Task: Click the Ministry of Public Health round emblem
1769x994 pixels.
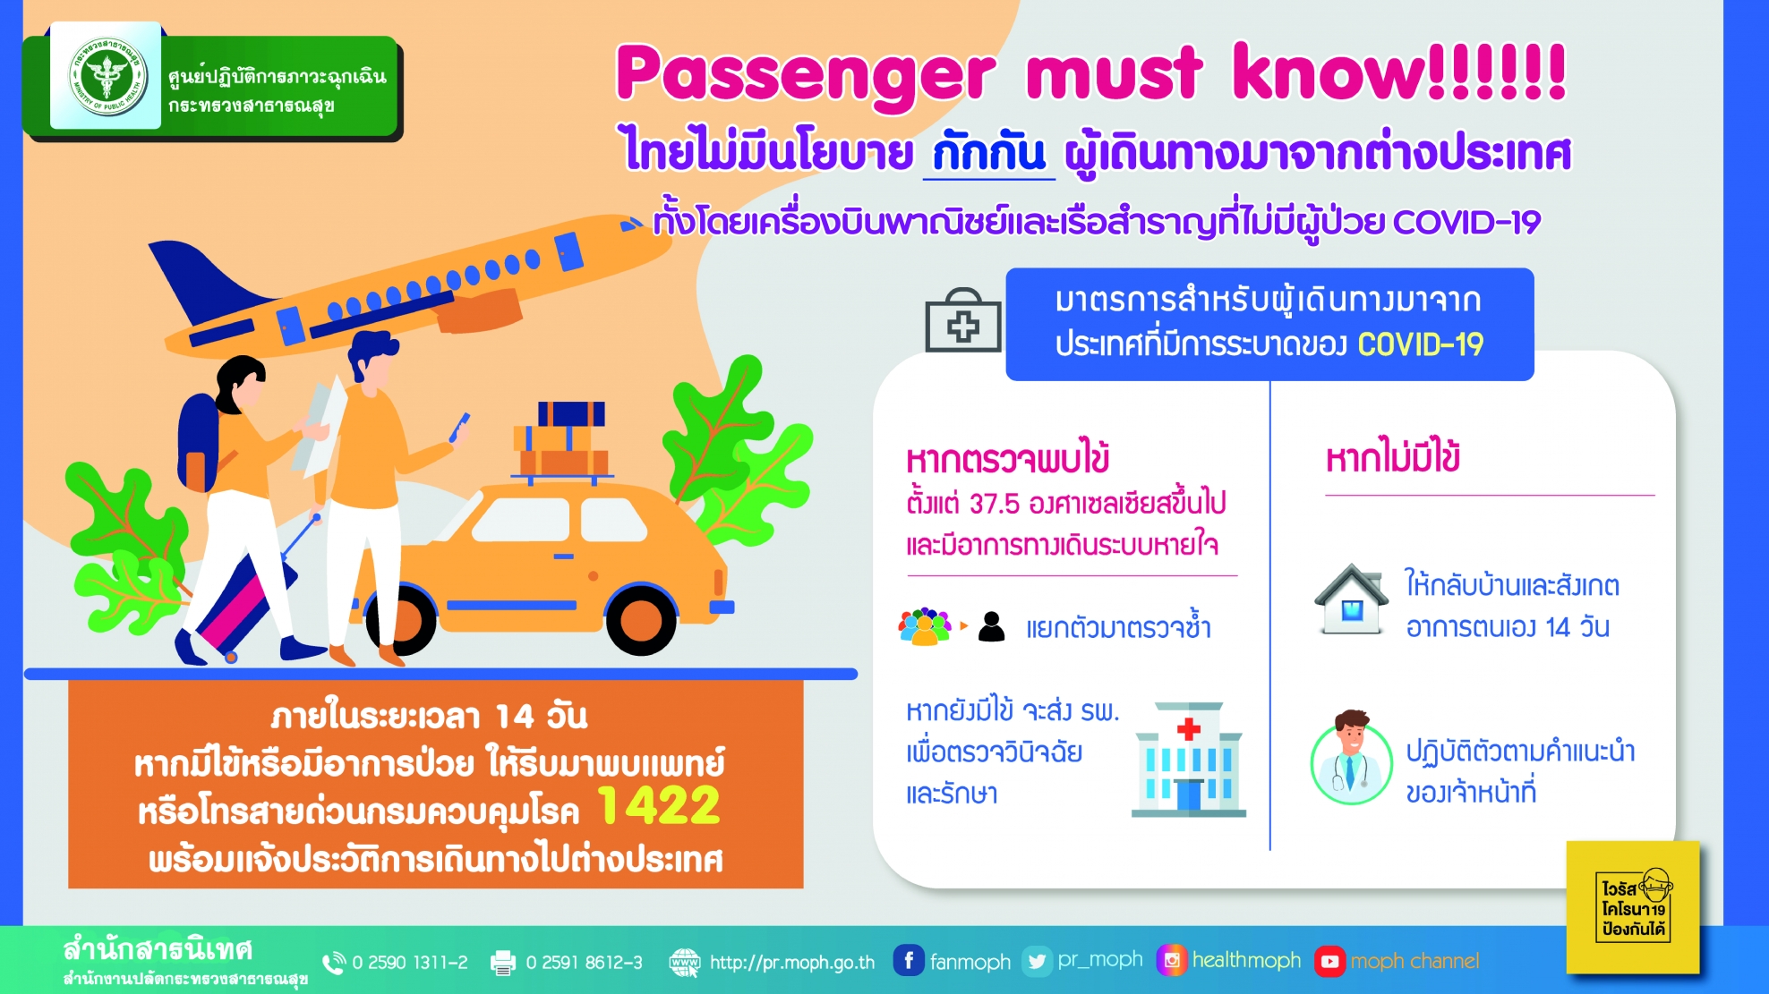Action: pos(107,75)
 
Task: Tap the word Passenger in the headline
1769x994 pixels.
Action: pos(805,74)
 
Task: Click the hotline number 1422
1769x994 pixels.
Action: pos(658,805)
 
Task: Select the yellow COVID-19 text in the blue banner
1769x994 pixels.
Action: pos(1420,344)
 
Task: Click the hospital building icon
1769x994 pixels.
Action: pos(1189,759)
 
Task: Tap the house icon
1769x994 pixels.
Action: pos(1352,599)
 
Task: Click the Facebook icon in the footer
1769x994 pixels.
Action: pos(908,961)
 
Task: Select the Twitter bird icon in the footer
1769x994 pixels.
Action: pos(1037,961)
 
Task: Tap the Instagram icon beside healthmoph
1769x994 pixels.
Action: pos(1172,961)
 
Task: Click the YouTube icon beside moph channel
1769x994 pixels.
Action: pos(1329,962)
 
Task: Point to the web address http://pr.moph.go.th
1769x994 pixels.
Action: pos(791,963)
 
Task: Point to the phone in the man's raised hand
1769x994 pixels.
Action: pos(460,427)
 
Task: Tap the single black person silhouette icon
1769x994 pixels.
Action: pos(992,626)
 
